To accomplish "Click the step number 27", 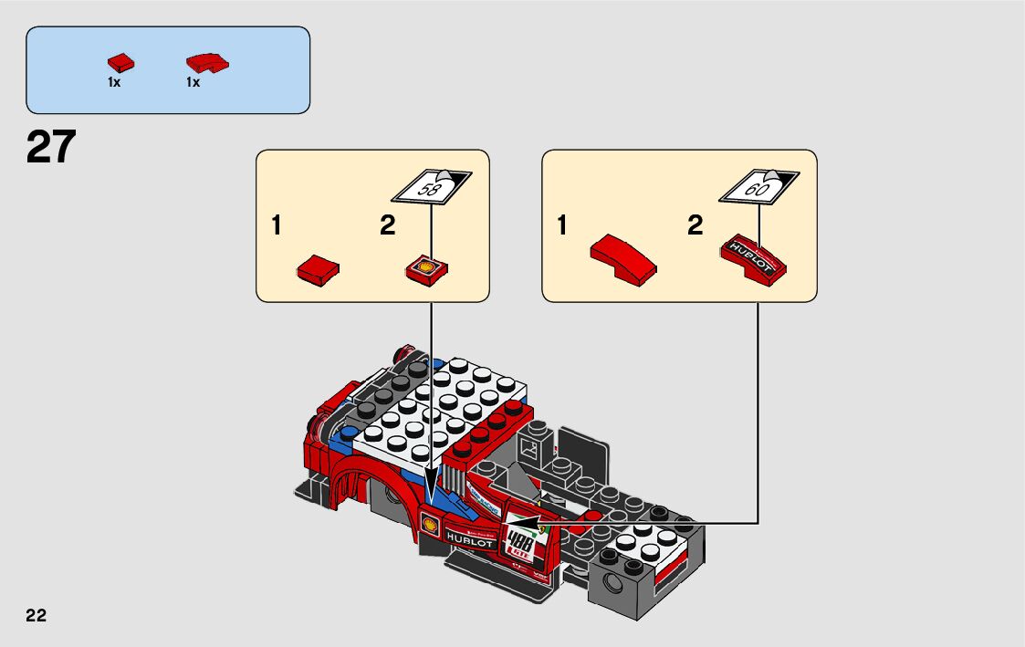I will coord(51,148).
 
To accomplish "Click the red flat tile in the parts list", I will coord(120,63).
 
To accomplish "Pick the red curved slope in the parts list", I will coord(207,63).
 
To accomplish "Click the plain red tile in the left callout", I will coord(319,269).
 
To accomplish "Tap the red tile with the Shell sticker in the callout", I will coord(426,268).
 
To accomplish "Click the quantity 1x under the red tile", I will coord(114,82).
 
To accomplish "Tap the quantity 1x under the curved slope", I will coord(193,82).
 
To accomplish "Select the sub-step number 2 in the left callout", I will coord(388,226).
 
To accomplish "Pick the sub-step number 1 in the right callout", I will coord(562,226).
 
